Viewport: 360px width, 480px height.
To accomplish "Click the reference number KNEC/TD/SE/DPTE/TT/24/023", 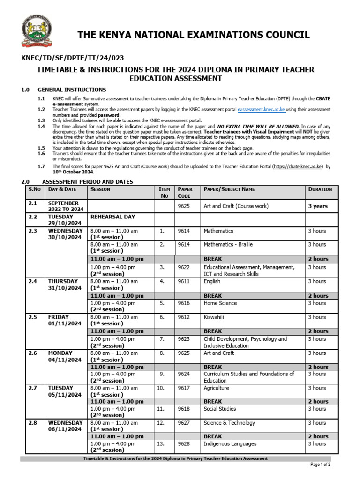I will pos(73,58).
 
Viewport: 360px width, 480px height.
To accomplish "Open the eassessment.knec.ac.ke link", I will pos(262,109).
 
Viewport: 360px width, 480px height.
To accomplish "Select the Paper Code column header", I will pos(185,192).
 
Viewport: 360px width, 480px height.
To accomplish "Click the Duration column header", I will pos(320,189).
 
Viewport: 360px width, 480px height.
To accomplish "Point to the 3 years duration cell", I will pos(318,206).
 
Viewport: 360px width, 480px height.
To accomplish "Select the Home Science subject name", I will pos(220,303).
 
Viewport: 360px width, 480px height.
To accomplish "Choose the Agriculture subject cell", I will pos(217,388).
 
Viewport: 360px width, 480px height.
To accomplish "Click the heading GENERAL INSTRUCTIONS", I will pos(71,90).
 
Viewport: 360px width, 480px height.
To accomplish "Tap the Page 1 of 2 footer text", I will pos(321,465).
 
